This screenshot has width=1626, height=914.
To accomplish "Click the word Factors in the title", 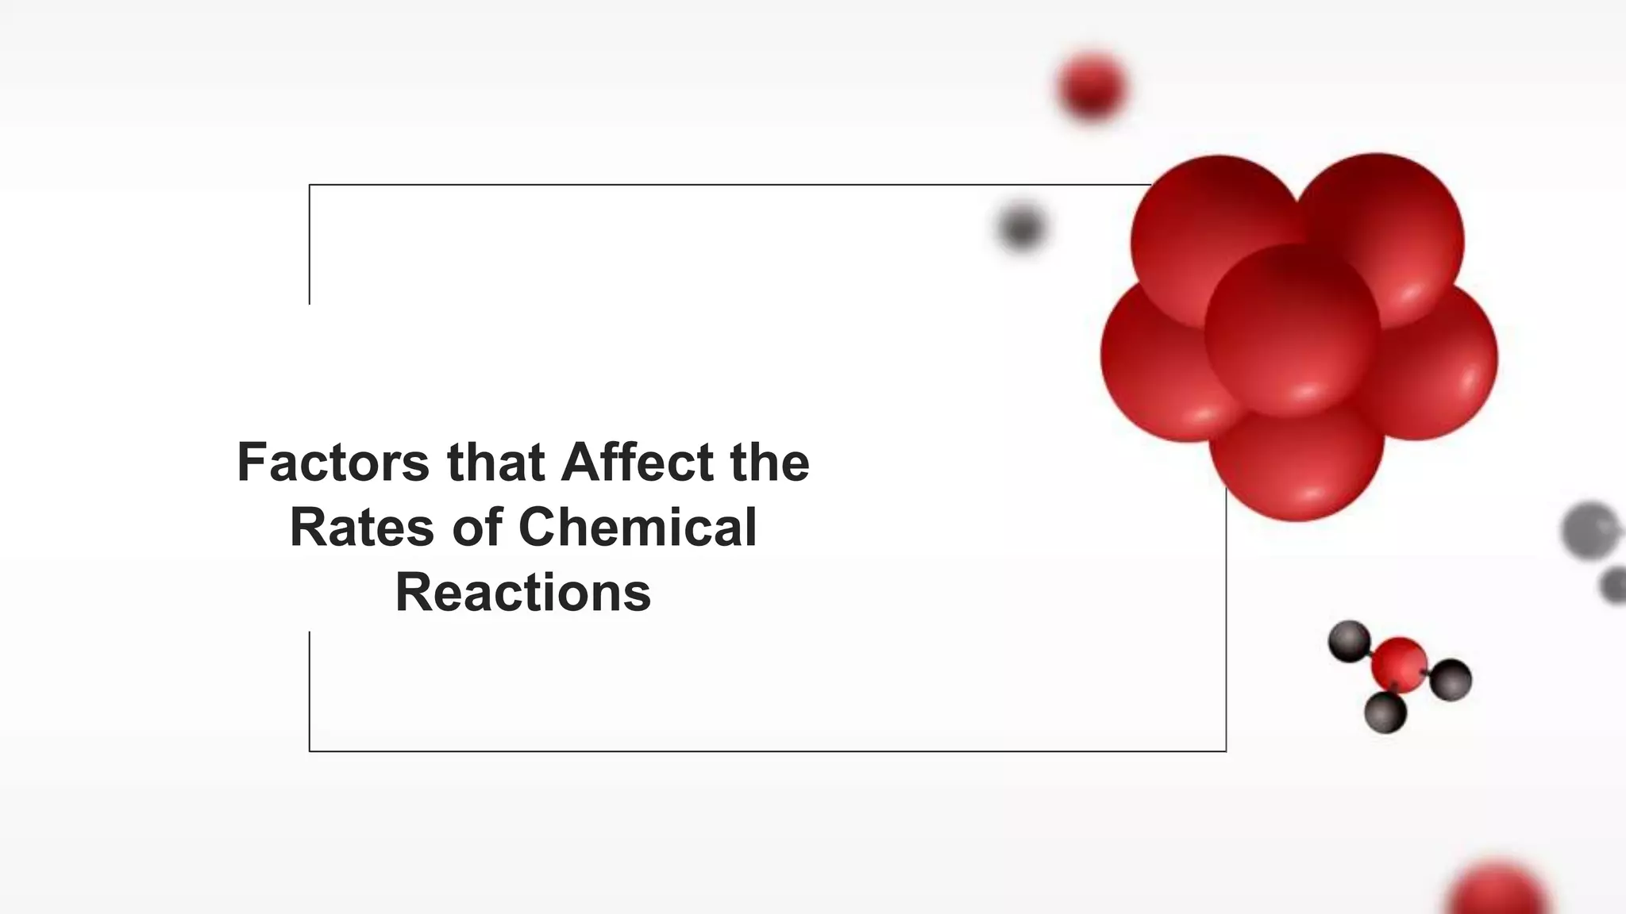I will tap(333, 462).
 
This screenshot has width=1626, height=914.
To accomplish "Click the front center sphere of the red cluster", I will tap(1292, 330).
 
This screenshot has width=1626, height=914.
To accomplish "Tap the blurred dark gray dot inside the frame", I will tap(1021, 228).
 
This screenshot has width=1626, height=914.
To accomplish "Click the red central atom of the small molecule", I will tap(1399, 665).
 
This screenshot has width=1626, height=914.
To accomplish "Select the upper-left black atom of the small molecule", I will tap(1349, 641).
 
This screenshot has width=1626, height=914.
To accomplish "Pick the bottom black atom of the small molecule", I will tap(1385, 712).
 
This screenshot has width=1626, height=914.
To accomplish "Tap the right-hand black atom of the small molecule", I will tap(1451, 680).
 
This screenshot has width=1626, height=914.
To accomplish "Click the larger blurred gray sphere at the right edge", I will tap(1590, 530).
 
